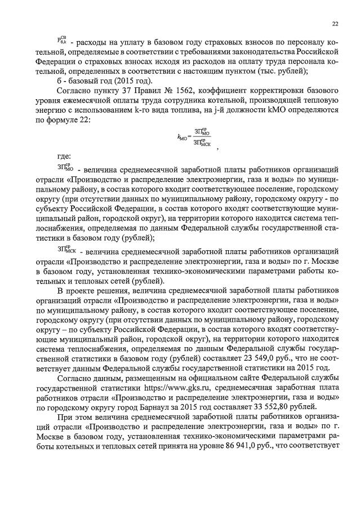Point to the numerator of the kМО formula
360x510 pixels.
click(201, 131)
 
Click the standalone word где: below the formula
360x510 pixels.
click(65, 156)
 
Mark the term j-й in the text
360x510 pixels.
click(210, 110)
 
